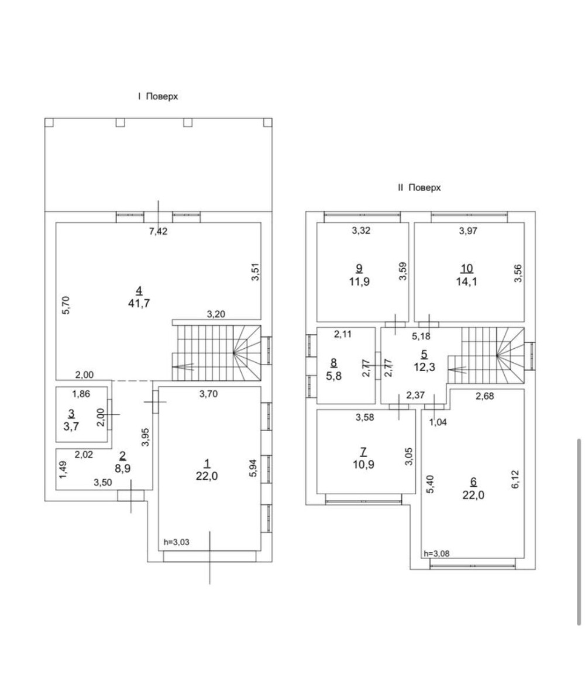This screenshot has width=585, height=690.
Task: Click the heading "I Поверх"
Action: tap(158, 96)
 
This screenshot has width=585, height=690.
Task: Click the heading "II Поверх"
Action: tap(419, 188)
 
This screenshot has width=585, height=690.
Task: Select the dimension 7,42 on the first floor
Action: tap(158, 231)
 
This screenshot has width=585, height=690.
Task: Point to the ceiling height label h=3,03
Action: tap(176, 542)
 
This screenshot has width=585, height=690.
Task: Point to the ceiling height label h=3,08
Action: tap(436, 554)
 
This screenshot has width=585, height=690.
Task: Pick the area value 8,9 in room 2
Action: tap(122, 469)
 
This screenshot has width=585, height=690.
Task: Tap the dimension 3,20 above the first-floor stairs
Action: tap(216, 314)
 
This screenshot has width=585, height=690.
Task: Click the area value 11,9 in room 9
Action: tap(359, 282)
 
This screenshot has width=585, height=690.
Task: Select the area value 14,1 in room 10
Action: tap(467, 282)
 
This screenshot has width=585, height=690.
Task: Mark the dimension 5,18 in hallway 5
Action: tap(421, 336)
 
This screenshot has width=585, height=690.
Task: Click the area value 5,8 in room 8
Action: tap(333, 376)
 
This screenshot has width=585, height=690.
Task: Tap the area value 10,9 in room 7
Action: tap(363, 464)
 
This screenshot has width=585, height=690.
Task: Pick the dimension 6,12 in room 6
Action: tap(517, 480)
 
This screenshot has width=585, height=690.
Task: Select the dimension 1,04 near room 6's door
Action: tap(438, 422)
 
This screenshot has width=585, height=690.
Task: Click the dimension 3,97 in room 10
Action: tap(468, 231)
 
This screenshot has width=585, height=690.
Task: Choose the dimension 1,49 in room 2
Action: tap(63, 470)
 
